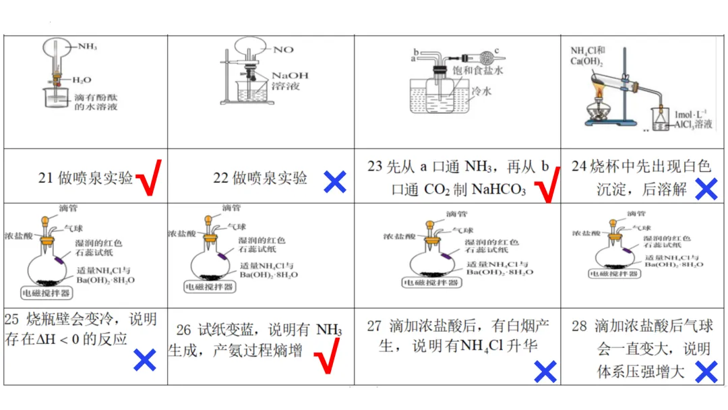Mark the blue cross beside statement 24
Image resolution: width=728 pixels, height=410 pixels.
click(x=705, y=189)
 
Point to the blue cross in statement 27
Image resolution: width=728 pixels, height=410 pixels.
click(x=545, y=370)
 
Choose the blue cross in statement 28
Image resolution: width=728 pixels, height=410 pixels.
click(x=706, y=371)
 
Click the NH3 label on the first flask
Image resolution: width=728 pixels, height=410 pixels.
click(x=88, y=47)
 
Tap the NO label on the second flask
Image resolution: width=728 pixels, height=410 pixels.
click(x=284, y=50)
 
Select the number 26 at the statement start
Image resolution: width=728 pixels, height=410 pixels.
click(x=184, y=330)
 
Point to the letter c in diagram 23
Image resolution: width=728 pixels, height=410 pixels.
click(x=497, y=49)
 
